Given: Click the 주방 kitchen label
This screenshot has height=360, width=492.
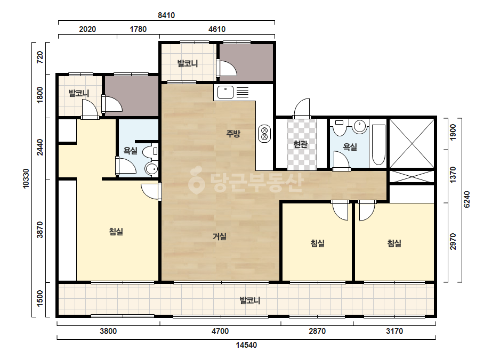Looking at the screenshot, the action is tap(233, 134).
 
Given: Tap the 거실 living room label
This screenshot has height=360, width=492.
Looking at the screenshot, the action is tap(220, 236).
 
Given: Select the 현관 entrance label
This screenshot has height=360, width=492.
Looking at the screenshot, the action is tap(300, 144).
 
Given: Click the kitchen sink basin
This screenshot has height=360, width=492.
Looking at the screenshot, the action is tap(225, 92).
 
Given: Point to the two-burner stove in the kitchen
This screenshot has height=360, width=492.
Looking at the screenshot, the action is tap(264, 134).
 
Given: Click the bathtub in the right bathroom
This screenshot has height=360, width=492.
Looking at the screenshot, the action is tap(378, 145).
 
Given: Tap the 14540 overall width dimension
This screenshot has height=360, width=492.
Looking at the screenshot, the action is tap(246, 345).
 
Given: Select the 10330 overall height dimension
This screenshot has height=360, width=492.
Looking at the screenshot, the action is tap(26, 179).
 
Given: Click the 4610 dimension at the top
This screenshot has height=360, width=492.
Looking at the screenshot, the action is tap(217, 29).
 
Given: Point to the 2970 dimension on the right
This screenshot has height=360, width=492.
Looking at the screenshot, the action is tap(453, 241).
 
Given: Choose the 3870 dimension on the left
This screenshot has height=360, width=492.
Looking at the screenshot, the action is tap(40, 230).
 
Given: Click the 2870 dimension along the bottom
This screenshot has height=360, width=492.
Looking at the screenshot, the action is tap(317, 331).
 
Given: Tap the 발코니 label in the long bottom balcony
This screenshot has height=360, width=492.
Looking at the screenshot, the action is tap(250, 300).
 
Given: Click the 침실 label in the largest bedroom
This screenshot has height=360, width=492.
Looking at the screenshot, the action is tap(116, 232).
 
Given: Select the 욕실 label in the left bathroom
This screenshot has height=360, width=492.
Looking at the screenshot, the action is tap(130, 151).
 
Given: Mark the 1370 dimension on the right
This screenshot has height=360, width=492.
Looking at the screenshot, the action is tap(453, 175).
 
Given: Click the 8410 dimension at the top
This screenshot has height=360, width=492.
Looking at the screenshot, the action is tap(166, 15).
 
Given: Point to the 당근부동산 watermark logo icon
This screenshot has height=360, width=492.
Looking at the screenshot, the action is tap(196, 180).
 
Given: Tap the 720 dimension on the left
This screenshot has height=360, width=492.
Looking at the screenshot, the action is tap(40, 58).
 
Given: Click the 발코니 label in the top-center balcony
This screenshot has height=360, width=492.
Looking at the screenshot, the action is tap(188, 64).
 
